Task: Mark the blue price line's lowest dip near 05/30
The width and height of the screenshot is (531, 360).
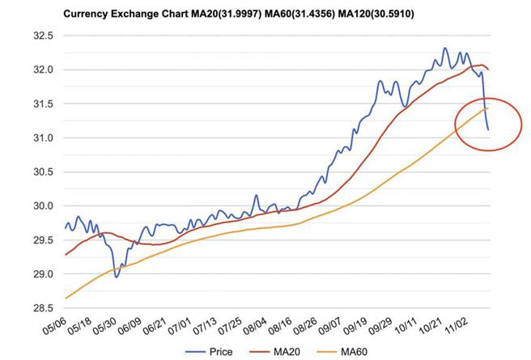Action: click(x=117, y=277)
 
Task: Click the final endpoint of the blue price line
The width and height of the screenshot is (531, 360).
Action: click(x=488, y=129)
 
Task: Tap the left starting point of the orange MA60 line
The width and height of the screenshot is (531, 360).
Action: click(x=66, y=299)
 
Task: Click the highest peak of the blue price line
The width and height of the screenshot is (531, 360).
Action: click(x=445, y=49)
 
